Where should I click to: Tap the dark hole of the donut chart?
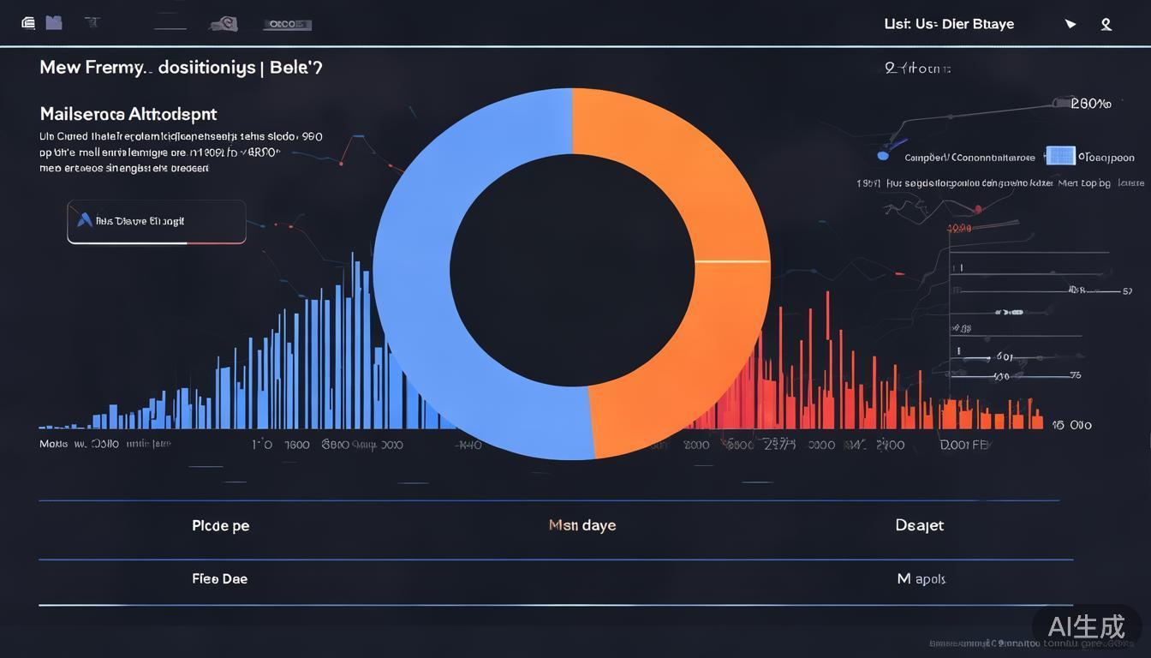click(572, 269)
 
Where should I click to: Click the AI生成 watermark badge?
click(1087, 626)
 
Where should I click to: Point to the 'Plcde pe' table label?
click(221, 525)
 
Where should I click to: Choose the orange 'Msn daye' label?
click(582, 525)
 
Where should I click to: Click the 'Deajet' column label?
click(920, 525)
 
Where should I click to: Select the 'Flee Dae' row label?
click(220, 579)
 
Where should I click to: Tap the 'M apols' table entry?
click(921, 579)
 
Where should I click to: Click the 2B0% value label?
click(1091, 104)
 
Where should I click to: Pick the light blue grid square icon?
click(1060, 156)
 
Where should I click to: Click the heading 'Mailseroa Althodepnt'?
click(128, 114)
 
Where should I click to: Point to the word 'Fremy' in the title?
click(114, 68)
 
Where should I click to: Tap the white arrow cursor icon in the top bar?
click(1070, 24)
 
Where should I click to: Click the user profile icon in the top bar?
click(1106, 24)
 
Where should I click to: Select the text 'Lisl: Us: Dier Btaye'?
click(949, 24)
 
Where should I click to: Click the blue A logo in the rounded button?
click(84, 220)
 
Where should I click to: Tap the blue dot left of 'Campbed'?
click(883, 157)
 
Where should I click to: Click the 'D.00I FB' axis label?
click(964, 445)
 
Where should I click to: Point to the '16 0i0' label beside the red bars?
click(1071, 424)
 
